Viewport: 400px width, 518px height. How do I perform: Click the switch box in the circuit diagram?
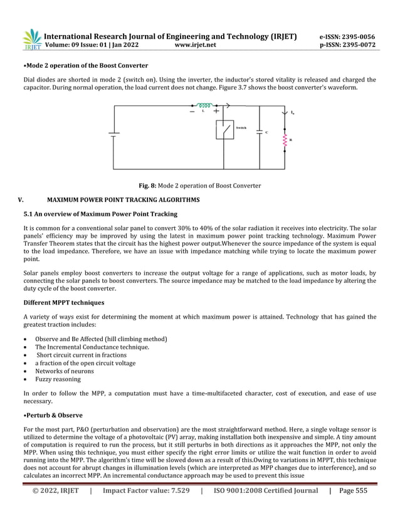click(x=224, y=131)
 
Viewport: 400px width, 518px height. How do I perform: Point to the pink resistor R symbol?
click(x=285, y=141)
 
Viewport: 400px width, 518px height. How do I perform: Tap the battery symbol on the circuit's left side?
click(x=113, y=133)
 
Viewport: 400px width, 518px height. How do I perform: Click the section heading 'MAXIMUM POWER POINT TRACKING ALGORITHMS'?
click(x=123, y=200)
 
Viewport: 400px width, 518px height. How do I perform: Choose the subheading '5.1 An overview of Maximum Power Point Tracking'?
click(x=100, y=214)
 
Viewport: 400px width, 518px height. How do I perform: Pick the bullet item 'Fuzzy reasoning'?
click(x=58, y=379)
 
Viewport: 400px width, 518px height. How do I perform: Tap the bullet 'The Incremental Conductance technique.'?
click(x=92, y=347)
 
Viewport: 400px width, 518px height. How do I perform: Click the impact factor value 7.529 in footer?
click(x=175, y=491)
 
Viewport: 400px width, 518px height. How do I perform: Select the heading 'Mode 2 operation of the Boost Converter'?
click(x=86, y=65)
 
